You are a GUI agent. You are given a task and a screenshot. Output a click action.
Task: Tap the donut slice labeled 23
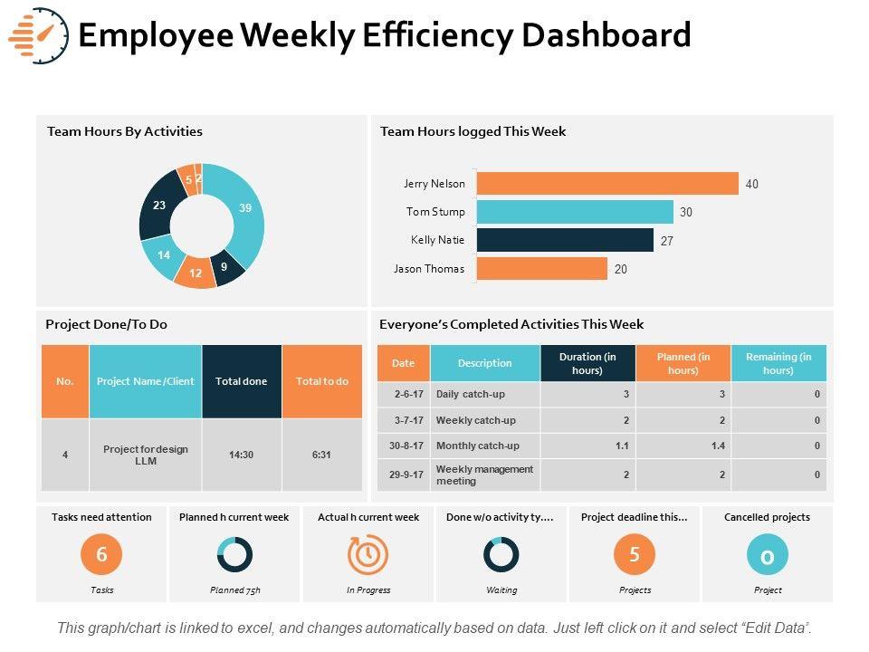click(159, 206)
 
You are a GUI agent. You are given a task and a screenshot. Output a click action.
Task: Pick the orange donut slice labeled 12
click(195, 273)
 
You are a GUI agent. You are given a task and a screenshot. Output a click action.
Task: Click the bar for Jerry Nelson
click(606, 184)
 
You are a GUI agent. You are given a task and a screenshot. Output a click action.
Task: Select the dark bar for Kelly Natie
click(564, 240)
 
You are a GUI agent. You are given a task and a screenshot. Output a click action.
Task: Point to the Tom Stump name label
click(435, 212)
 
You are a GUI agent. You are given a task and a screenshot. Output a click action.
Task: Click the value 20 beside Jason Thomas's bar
click(621, 269)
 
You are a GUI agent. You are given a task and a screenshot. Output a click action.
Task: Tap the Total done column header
click(242, 381)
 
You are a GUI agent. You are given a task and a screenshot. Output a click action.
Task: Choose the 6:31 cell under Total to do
click(321, 455)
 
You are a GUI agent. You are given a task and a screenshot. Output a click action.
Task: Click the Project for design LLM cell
click(145, 455)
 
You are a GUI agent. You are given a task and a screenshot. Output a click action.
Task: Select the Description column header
click(485, 363)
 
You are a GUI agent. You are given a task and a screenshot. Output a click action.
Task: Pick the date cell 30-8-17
click(404, 446)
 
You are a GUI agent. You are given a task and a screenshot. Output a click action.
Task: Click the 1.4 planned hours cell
click(683, 446)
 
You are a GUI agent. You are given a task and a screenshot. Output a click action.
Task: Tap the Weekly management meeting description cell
click(485, 475)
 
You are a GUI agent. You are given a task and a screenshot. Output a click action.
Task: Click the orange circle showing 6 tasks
click(101, 554)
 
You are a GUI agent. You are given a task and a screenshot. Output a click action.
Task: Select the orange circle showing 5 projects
click(635, 554)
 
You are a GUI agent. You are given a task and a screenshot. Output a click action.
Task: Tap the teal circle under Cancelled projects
click(767, 555)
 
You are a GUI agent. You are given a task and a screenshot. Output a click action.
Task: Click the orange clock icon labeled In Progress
click(368, 554)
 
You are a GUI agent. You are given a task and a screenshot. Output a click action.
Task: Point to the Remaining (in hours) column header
click(778, 363)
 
